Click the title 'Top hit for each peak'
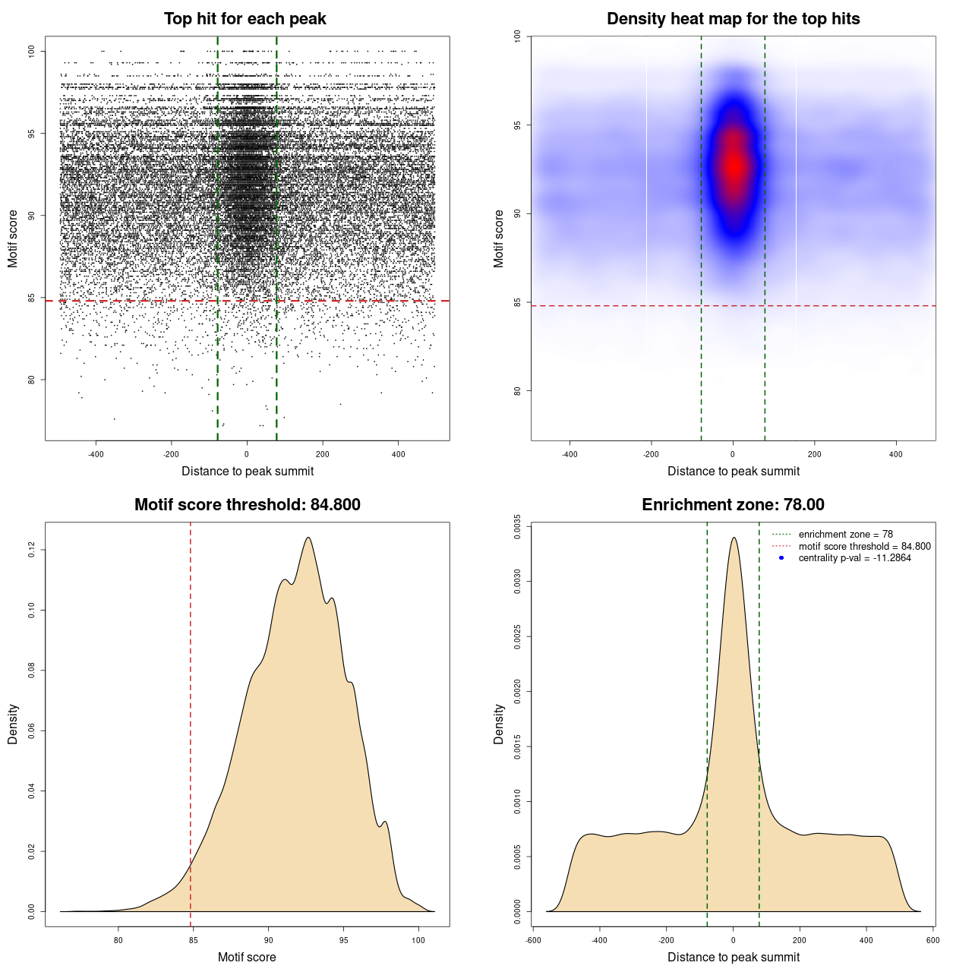click(245, 19)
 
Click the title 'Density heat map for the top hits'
click(733, 19)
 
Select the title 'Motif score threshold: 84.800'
click(247, 505)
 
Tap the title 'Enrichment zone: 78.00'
click(733, 505)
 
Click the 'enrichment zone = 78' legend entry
click(845, 535)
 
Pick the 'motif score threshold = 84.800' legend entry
click(864, 546)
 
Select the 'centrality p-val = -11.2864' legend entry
click(854, 558)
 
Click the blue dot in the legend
click(781, 558)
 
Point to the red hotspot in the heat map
click(734, 165)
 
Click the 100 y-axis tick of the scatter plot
click(31, 51)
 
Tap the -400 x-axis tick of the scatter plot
click(96, 454)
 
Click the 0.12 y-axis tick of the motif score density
click(31, 549)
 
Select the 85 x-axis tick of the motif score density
click(193, 940)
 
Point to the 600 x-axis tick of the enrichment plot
click(933, 940)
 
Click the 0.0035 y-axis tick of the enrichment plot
click(517, 526)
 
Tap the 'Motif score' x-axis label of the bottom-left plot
click(247, 957)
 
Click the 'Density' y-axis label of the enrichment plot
click(499, 724)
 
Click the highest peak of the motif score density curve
click(308, 538)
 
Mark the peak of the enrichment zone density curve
click(734, 538)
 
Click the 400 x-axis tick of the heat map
click(896, 454)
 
